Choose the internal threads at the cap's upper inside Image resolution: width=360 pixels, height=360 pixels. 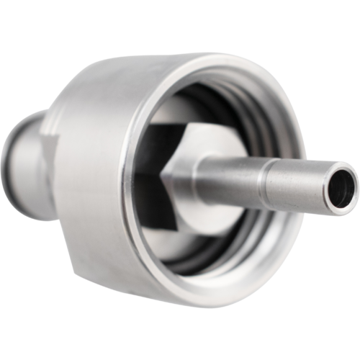(216, 101)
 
